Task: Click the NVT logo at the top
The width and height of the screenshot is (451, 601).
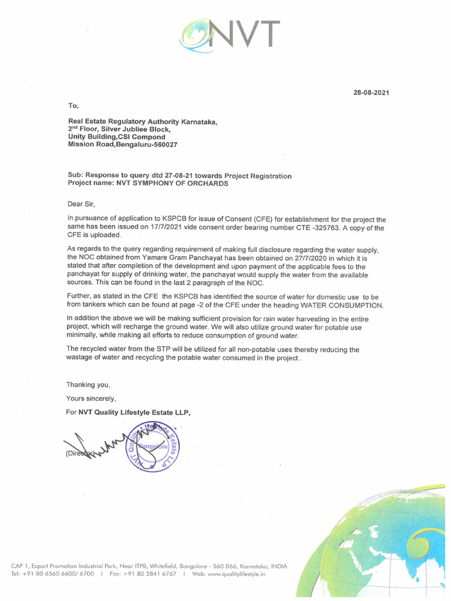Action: [230, 34]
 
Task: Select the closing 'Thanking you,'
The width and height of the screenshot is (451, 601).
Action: [88, 385]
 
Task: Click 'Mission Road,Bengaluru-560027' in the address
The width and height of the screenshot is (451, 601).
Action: [123, 144]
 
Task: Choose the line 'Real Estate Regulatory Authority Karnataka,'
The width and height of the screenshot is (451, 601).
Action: [143, 122]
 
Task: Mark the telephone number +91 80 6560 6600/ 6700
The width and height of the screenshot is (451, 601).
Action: [59, 574]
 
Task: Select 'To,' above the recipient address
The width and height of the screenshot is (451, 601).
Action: [73, 106]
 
